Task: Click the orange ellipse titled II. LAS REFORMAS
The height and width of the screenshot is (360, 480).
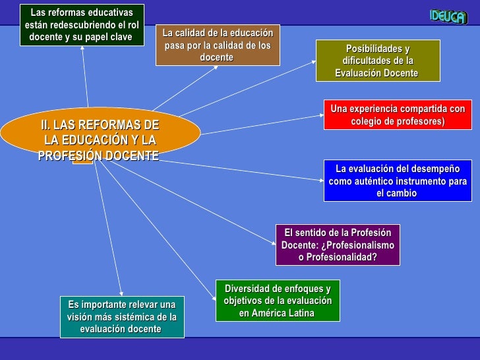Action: pyautogui.click(x=99, y=135)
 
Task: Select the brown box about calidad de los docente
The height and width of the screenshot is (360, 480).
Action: pyautogui.click(x=218, y=45)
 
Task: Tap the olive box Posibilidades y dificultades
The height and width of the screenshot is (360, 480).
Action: pyautogui.click(x=377, y=61)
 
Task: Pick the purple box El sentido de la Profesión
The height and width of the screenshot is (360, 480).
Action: pyautogui.click(x=338, y=245)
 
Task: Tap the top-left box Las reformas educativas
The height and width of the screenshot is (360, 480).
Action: pyautogui.click(x=81, y=24)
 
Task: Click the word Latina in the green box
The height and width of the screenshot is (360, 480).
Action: pyautogui.click(x=301, y=313)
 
